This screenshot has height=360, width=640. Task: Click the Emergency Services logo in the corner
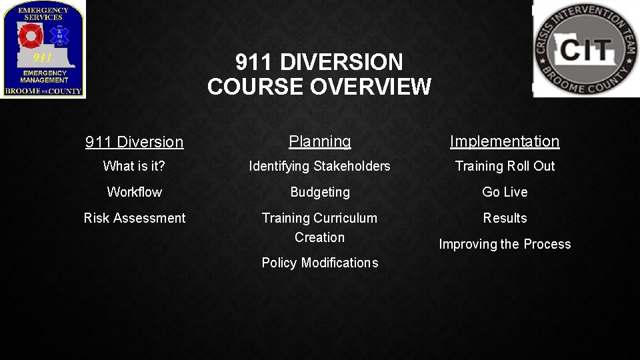click(x=43, y=49)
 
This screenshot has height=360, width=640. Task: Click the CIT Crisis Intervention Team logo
click(x=585, y=49)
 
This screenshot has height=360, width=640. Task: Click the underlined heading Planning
click(x=319, y=141)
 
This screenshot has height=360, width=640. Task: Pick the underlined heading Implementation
click(x=505, y=141)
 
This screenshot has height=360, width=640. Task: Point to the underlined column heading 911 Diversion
click(x=134, y=142)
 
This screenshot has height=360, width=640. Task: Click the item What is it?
click(x=134, y=166)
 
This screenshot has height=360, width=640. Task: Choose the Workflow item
click(x=134, y=192)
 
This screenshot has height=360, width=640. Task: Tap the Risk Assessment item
click(x=134, y=218)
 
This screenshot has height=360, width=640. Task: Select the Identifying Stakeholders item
click(x=319, y=166)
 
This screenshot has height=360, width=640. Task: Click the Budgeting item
click(x=319, y=192)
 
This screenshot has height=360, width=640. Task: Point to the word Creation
click(x=319, y=237)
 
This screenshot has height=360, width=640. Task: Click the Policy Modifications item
click(x=319, y=263)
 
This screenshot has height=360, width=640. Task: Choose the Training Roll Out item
click(x=505, y=166)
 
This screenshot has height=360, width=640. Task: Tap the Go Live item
click(x=505, y=192)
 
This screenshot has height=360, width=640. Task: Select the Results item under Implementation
click(x=505, y=218)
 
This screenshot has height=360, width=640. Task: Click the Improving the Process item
click(x=505, y=244)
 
